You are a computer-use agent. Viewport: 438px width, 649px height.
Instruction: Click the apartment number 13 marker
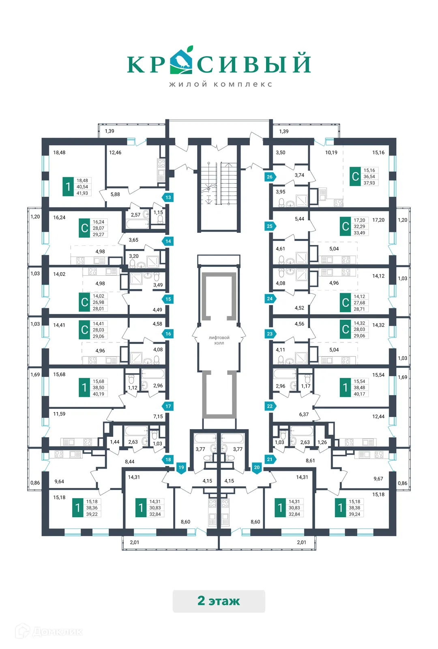click(168, 198)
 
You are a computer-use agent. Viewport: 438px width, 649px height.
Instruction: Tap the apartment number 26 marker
click(270, 177)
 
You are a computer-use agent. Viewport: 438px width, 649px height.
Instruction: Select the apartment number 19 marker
click(181, 467)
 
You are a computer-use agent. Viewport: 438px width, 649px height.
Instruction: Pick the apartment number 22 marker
click(270, 406)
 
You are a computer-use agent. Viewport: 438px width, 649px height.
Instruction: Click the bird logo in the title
click(181, 61)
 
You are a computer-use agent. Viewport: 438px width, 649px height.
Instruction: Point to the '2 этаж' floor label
click(219, 601)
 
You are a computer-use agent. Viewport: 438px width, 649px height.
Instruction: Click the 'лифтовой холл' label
click(219, 340)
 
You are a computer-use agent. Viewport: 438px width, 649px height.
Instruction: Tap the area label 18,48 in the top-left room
click(59, 153)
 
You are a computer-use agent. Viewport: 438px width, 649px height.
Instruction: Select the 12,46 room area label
click(115, 153)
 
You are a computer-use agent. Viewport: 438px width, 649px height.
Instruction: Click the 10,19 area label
click(331, 153)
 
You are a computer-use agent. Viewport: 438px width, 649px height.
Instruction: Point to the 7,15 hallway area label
click(158, 417)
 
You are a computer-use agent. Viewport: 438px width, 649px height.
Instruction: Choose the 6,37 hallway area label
click(304, 415)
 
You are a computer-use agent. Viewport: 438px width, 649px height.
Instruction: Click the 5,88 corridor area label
click(115, 194)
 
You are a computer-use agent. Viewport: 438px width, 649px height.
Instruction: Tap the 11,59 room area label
click(59, 414)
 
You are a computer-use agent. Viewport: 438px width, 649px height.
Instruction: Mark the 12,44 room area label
click(378, 417)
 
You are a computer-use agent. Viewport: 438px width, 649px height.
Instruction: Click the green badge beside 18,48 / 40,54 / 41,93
click(68, 187)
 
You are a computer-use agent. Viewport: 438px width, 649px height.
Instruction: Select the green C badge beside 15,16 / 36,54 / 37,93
click(355, 176)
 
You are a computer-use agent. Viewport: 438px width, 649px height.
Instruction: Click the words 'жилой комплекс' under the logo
click(220, 84)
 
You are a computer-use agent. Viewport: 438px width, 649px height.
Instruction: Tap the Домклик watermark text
click(57, 632)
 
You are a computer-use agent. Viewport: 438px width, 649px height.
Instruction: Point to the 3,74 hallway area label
click(299, 175)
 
